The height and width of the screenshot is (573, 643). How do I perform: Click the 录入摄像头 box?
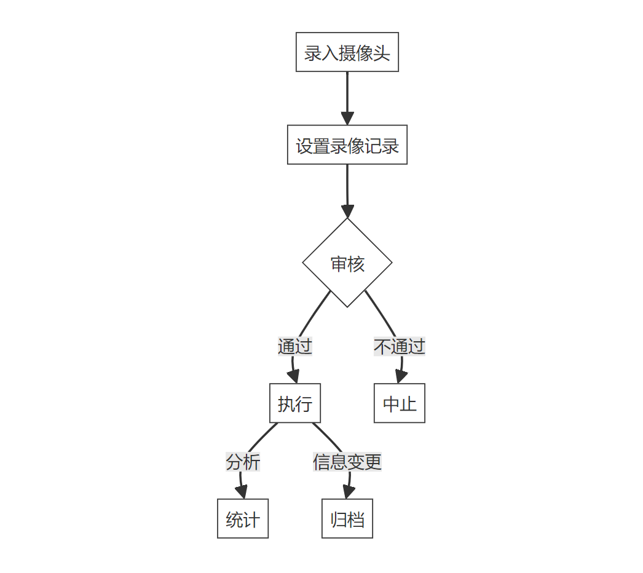347,52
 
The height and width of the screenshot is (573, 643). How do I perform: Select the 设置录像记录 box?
347,145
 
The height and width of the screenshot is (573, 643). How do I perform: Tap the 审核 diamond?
347,263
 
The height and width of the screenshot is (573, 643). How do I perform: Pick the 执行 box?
294,404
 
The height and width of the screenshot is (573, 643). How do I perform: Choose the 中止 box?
399,404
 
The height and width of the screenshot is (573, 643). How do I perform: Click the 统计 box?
243,519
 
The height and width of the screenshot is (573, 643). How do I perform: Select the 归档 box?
347,519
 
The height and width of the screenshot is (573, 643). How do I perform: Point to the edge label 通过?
294,346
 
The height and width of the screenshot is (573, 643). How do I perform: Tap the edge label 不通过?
399,346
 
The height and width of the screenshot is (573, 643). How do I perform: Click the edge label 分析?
243,462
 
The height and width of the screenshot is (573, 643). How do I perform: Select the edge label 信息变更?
347,462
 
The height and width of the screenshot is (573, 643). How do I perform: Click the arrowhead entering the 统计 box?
242,492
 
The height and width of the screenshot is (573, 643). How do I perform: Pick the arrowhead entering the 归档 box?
347,492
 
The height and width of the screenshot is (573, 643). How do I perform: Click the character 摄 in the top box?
347,53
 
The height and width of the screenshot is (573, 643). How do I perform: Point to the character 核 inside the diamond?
356,264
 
